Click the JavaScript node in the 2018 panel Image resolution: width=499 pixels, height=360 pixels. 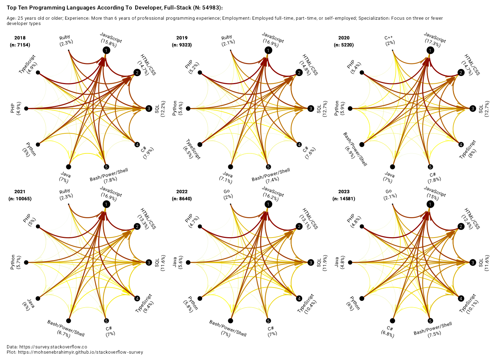pos(106,50)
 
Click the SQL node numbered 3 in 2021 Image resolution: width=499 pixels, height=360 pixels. pos(149,263)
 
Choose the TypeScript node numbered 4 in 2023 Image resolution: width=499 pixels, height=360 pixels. pos(461,298)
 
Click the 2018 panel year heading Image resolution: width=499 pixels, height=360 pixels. pos(20,38)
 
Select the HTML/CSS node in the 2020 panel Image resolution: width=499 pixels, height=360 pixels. pos(461,72)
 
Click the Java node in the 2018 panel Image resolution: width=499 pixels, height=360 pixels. pos(68,167)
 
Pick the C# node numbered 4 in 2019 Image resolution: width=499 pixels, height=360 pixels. pos(299,144)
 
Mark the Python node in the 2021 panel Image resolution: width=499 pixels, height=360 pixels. pos(26,263)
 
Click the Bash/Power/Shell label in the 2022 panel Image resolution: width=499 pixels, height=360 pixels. pos(228,328)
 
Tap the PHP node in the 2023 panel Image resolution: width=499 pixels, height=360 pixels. pos(362,227)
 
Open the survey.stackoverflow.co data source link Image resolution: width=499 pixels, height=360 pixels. pos(53,347)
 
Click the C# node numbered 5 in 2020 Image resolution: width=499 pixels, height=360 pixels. pos(430,167)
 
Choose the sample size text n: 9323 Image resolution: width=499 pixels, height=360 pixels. pos(182,45)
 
